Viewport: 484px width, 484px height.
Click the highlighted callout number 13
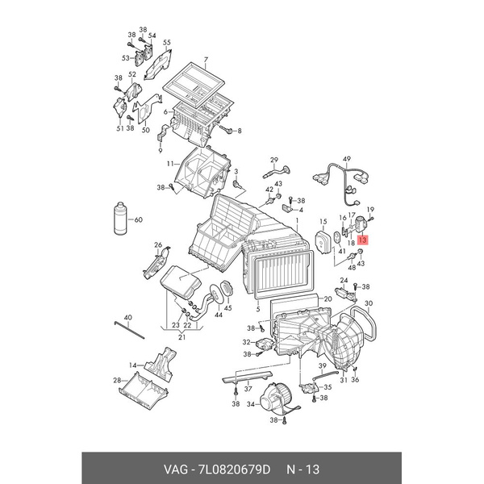click(x=362, y=240)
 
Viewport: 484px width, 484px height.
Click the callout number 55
click(x=167, y=43)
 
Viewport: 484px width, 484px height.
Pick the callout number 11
click(x=170, y=165)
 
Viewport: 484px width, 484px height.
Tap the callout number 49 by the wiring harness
click(x=347, y=158)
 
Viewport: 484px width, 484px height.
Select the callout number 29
click(x=273, y=159)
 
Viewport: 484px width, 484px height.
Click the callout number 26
click(x=158, y=245)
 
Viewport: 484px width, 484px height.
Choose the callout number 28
click(x=117, y=380)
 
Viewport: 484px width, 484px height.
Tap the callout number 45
click(x=227, y=307)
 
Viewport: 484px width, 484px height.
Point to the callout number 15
click(x=323, y=220)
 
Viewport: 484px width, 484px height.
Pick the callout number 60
click(x=138, y=219)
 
